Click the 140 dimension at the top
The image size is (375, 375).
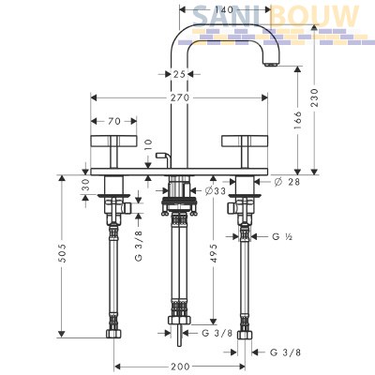click(x=224, y=10)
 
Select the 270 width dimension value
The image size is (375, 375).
click(x=180, y=97)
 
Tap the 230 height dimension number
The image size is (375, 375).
click(x=314, y=97)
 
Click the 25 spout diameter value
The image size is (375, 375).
click(x=179, y=74)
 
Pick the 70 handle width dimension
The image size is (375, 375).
click(x=114, y=121)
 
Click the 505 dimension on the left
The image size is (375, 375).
click(x=63, y=253)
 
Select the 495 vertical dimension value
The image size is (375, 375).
click(x=214, y=253)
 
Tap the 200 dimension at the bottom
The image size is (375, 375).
click(x=180, y=366)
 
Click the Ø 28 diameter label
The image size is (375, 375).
click(x=288, y=181)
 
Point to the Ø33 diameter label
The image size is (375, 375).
click(x=216, y=191)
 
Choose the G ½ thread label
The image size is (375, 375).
click(x=282, y=237)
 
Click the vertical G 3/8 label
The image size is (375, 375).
click(x=139, y=246)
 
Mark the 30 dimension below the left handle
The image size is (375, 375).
click(x=86, y=185)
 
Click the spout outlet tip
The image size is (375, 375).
click(x=270, y=65)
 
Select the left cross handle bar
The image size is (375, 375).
click(x=113, y=141)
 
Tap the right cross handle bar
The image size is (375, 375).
click(x=245, y=141)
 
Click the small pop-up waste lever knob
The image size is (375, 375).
click(x=159, y=155)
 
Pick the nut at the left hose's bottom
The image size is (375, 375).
click(x=113, y=334)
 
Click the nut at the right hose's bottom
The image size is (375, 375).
click(x=245, y=335)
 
